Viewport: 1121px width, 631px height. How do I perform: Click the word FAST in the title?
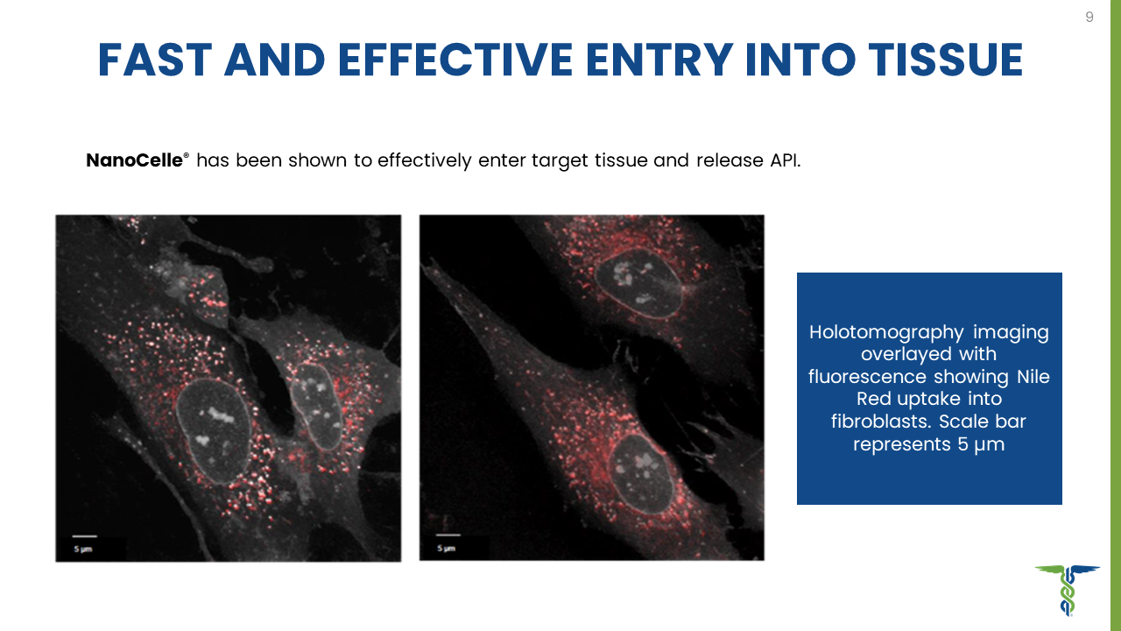(155, 60)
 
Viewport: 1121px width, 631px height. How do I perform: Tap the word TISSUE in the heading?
(945, 60)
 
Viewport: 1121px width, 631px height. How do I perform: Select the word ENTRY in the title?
(659, 60)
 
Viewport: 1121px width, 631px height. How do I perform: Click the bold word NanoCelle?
(134, 160)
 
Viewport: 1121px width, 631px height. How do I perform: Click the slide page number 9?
(1089, 17)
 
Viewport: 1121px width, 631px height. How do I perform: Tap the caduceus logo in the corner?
(1068, 590)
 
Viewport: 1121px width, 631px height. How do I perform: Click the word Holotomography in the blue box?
(886, 332)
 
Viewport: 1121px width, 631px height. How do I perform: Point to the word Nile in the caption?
(1033, 377)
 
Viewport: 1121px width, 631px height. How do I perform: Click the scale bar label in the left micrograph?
(83, 549)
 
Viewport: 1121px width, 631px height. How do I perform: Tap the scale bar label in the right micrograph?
(446, 549)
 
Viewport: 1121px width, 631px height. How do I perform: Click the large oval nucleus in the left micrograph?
(214, 431)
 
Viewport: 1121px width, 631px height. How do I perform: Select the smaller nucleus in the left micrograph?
(316, 407)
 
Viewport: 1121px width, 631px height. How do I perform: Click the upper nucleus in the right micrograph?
(638, 283)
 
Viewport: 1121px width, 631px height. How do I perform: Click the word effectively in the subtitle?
(425, 160)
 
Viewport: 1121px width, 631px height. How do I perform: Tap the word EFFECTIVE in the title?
(455, 60)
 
